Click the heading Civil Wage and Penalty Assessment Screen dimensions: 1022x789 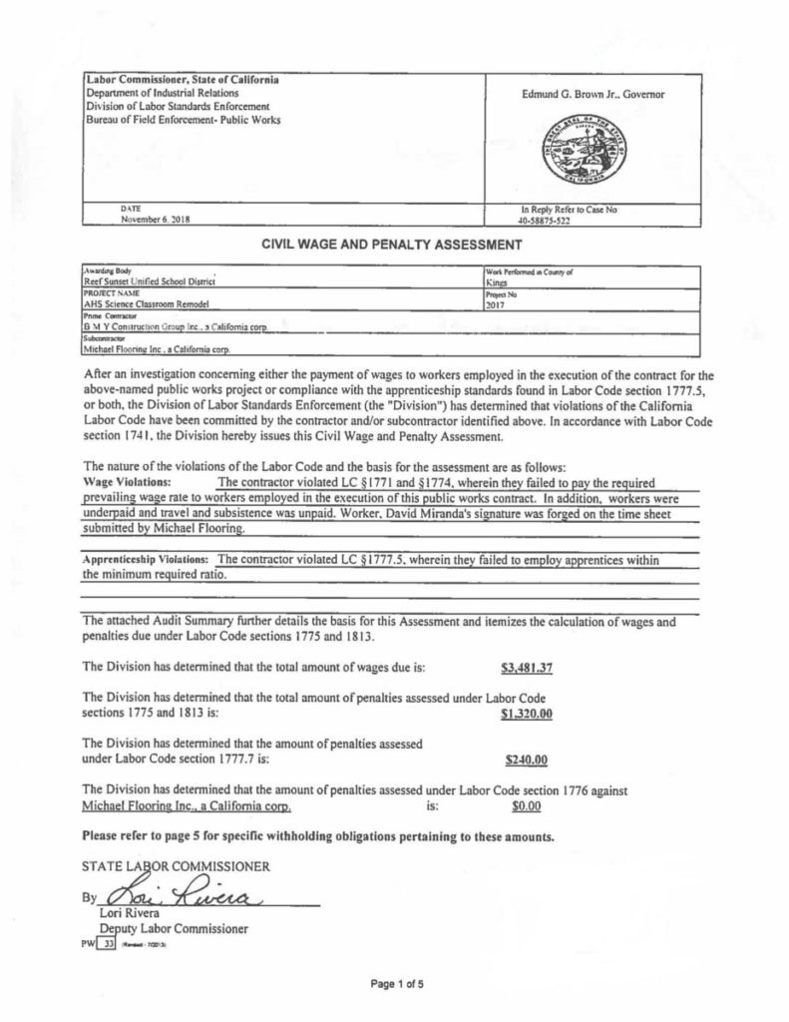[x=394, y=243]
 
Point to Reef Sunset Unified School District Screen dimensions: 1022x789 [x=150, y=282]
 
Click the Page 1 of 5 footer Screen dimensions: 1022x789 [x=397, y=985]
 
